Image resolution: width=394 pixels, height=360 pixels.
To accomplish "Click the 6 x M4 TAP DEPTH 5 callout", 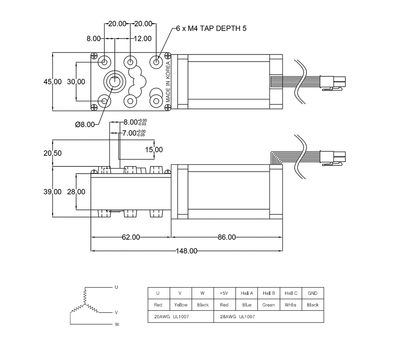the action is (211, 29).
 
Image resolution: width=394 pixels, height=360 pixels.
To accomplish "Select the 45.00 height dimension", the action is (53, 82).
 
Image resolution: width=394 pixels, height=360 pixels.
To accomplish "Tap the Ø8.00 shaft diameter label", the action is (85, 125).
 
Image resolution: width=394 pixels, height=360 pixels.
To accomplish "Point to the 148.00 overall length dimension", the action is (186, 251).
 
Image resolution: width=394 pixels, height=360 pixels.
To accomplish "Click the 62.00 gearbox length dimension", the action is (131, 237).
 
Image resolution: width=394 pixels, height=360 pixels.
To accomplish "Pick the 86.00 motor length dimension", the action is (227, 237).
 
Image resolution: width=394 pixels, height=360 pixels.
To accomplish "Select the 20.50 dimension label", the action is (53, 153).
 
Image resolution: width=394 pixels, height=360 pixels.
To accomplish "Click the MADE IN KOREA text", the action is (168, 82).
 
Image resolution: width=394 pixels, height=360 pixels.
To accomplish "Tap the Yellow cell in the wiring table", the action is (181, 305).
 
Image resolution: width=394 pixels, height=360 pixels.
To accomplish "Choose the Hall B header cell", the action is (269, 293).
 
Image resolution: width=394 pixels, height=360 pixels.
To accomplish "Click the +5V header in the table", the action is (224, 293).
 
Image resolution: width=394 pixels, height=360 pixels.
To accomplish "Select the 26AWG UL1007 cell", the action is (269, 317).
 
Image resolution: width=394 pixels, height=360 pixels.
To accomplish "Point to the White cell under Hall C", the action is (291, 305).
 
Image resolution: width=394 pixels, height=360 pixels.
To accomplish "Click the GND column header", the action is (312, 293).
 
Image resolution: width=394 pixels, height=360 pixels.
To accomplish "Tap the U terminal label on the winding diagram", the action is (116, 287).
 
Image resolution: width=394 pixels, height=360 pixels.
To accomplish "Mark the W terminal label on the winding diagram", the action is (117, 324).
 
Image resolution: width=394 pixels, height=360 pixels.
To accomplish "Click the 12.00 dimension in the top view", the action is (143, 38).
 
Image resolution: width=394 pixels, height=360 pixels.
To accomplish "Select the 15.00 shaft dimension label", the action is (154, 150).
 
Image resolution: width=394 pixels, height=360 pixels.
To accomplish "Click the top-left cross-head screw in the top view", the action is (94, 56).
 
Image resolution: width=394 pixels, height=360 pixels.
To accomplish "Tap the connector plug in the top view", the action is (333, 82).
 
